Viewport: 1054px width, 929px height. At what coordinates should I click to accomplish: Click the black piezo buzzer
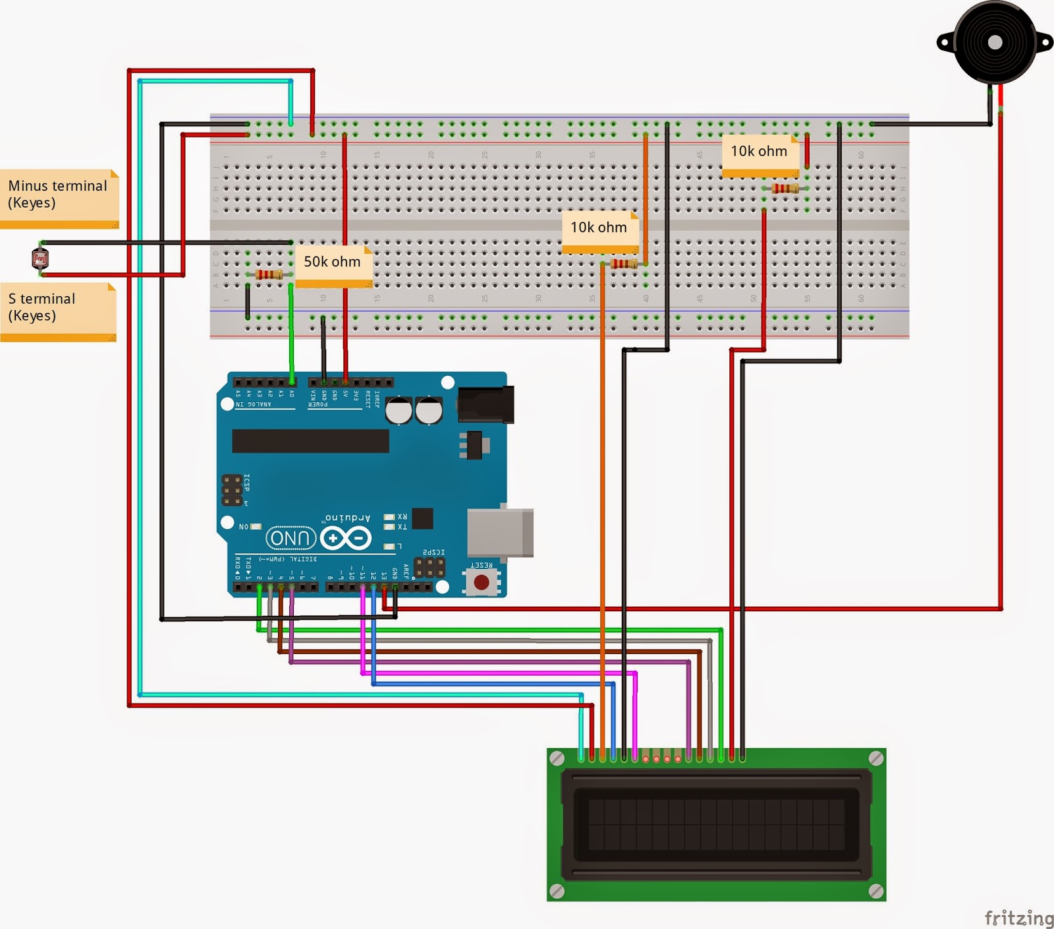click(995, 43)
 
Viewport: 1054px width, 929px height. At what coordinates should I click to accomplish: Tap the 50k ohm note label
click(333, 264)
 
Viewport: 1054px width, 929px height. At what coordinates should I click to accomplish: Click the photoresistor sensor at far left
click(40, 258)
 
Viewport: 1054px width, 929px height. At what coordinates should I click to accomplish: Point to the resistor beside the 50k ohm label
click(268, 274)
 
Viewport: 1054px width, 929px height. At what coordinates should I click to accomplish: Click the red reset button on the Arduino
click(482, 582)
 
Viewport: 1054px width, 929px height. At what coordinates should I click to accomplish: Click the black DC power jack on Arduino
click(485, 404)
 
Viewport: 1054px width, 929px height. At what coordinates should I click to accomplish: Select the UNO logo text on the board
click(291, 538)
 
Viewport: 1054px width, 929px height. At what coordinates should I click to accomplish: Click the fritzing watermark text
click(1018, 917)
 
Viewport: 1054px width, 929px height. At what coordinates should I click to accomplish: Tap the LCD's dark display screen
click(716, 824)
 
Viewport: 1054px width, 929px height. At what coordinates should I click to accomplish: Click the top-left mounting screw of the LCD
click(557, 758)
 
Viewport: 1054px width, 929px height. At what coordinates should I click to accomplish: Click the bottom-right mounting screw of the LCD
click(876, 891)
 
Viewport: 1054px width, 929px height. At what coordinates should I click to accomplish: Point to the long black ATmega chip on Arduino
click(310, 440)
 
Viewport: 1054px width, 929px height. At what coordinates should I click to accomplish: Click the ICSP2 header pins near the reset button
click(430, 566)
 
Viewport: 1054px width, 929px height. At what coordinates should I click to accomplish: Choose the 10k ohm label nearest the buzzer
click(760, 154)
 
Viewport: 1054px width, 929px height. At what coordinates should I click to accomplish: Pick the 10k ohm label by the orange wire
click(599, 230)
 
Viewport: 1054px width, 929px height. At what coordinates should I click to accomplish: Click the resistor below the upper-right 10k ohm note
click(785, 189)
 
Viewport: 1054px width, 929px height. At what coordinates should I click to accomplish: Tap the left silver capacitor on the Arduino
click(399, 410)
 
